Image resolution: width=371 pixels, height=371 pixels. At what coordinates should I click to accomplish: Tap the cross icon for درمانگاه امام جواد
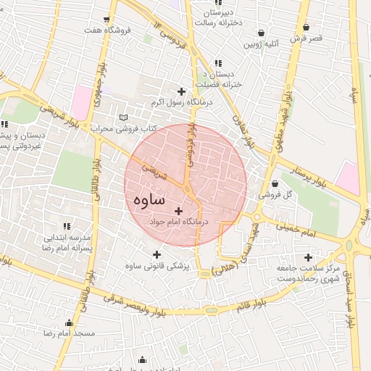[179, 210]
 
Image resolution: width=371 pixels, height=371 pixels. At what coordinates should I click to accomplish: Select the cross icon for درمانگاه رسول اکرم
[181, 91]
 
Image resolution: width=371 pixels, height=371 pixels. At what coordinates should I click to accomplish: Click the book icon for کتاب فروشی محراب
[123, 117]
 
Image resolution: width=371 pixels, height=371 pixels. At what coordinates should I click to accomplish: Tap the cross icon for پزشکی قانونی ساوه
[157, 254]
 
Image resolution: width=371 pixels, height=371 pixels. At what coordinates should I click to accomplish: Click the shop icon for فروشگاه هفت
[107, 20]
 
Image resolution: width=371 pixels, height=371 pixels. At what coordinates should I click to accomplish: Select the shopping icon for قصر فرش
[307, 27]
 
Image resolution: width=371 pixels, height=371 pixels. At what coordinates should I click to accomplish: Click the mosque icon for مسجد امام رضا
[70, 322]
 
